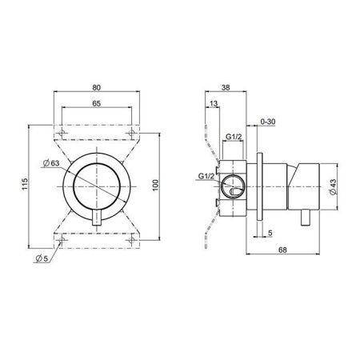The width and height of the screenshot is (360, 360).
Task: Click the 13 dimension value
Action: (x=210, y=103)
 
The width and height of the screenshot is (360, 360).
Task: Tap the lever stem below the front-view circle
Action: (x=99, y=224)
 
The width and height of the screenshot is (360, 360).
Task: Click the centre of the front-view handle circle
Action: (x=99, y=183)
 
